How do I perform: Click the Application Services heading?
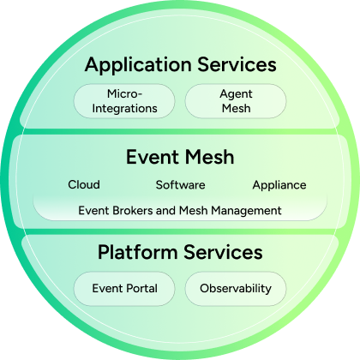[x=180, y=64]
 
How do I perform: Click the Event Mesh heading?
[x=180, y=158]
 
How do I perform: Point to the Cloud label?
[x=84, y=184]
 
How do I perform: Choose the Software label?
[x=180, y=184]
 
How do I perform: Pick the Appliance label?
[x=279, y=184]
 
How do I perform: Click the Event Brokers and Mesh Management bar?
[x=180, y=209]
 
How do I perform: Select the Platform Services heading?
[x=180, y=253]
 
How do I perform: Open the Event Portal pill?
[x=124, y=289]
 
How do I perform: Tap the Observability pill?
[x=236, y=289]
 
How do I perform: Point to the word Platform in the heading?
[x=135, y=253]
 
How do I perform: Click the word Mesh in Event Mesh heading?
[x=209, y=158]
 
